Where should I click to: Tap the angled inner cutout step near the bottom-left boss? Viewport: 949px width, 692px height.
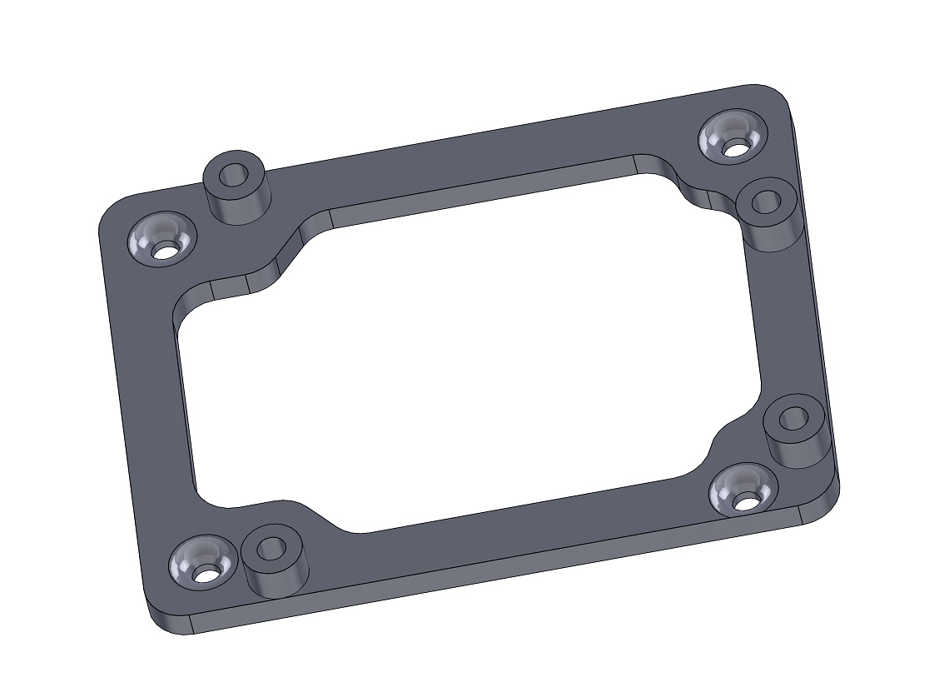320,515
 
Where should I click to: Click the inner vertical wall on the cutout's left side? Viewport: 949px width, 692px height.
185,400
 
